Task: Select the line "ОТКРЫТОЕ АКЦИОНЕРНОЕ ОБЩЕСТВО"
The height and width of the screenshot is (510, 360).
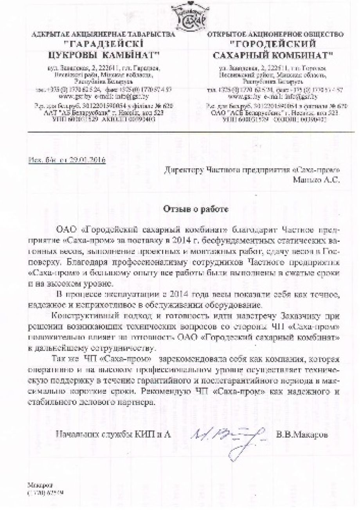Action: point(276,34)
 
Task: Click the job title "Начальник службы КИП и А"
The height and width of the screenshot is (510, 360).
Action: point(114,434)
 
